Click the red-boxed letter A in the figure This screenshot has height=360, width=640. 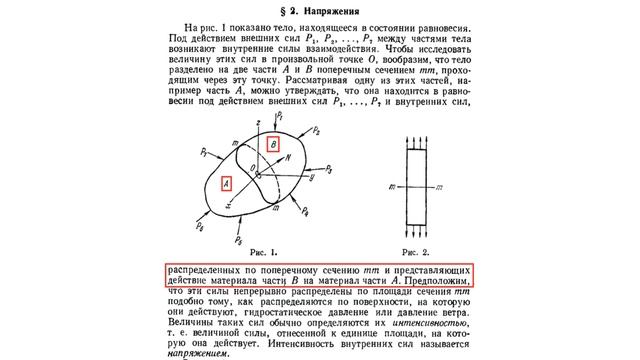tap(227, 183)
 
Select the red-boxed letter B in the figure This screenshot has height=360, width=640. tap(286, 141)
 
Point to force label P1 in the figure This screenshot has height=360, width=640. tap(281, 116)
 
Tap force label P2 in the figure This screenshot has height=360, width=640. tap(343, 129)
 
